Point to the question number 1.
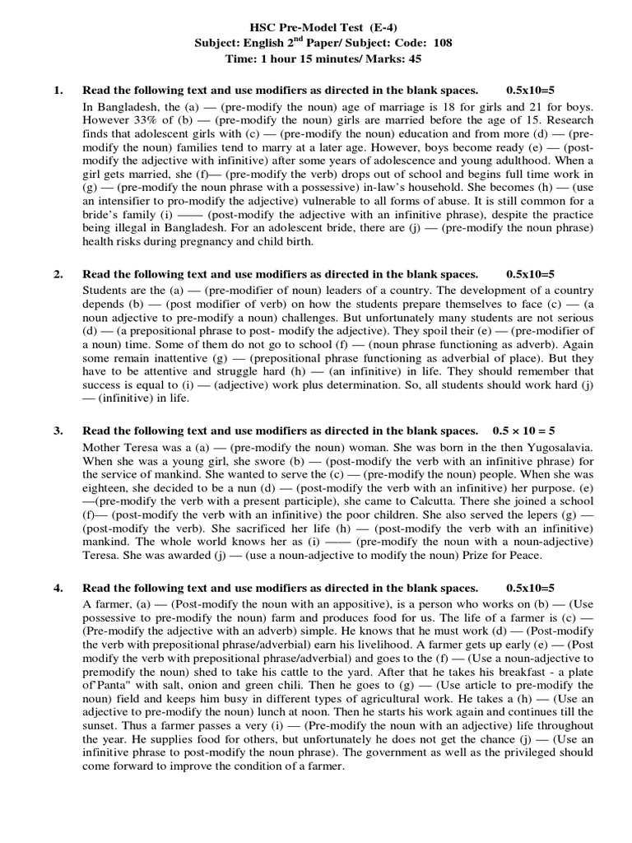pos(58,90)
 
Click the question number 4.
pos(58,588)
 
